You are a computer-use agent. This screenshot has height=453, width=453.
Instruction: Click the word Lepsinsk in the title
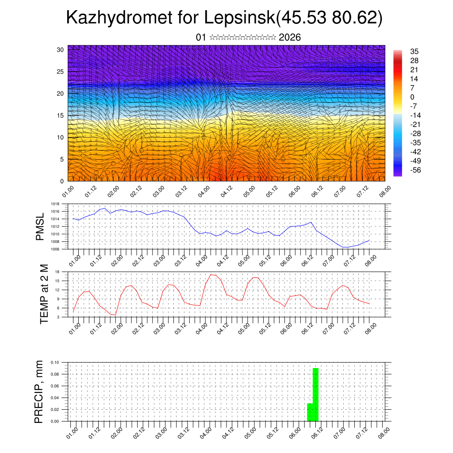[239, 18]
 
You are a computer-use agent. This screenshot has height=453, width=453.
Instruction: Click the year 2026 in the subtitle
[290, 38]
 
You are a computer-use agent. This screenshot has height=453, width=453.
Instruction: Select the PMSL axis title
[40, 226]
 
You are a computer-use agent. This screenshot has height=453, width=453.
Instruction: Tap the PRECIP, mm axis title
[39, 392]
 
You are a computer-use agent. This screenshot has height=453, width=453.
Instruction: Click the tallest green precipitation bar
[316, 394]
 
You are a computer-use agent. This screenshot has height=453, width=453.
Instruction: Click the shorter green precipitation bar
[310, 412]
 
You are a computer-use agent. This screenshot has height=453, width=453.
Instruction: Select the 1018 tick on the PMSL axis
[55, 204]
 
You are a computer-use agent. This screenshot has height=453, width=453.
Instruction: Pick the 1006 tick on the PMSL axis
[55, 249]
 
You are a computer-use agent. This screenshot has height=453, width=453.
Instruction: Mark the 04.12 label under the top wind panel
[226, 191]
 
